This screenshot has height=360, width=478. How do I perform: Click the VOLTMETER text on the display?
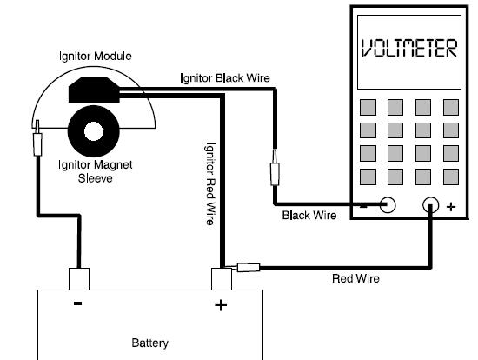(409, 48)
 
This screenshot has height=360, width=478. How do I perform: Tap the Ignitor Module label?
(95, 57)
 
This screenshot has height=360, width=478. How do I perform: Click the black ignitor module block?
(94, 90)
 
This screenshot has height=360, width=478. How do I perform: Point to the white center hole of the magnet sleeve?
(94, 131)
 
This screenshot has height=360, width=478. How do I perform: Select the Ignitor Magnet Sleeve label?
(95, 171)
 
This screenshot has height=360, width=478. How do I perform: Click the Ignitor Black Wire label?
(225, 78)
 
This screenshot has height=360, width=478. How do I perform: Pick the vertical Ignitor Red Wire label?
(210, 184)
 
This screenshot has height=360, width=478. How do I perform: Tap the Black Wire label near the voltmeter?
(309, 216)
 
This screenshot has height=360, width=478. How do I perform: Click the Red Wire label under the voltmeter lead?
(355, 278)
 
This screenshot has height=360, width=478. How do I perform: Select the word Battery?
(150, 343)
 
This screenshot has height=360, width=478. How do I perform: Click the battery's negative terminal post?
(79, 279)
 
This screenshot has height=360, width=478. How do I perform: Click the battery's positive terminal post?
(222, 279)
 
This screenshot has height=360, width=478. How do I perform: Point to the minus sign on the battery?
(77, 303)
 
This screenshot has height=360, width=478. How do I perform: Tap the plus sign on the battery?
(221, 305)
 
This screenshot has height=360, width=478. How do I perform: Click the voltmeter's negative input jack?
(388, 204)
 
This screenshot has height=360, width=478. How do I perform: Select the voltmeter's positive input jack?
(431, 204)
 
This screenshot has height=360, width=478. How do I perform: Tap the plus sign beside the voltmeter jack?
(451, 207)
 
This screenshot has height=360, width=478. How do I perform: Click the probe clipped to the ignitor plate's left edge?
(37, 138)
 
